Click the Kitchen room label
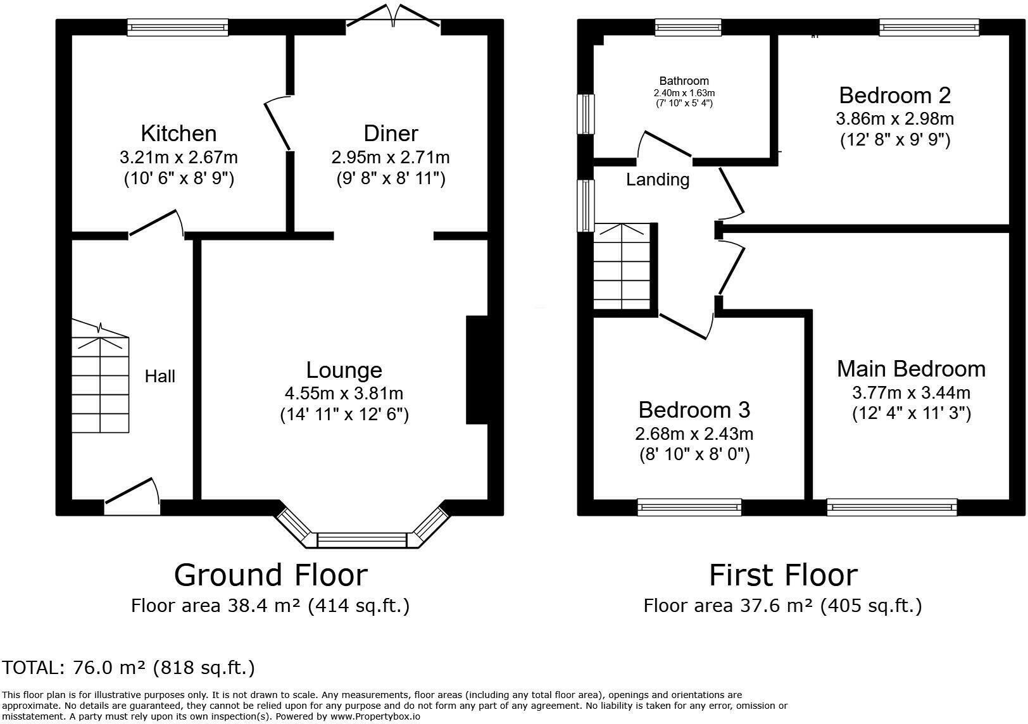(x=179, y=134)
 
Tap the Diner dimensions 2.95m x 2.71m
(x=391, y=158)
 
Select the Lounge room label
(x=344, y=370)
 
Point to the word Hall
(x=160, y=376)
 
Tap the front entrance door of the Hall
(x=132, y=496)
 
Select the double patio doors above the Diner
(x=393, y=16)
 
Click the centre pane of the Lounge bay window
(x=361, y=540)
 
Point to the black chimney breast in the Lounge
(x=477, y=370)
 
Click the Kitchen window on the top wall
(x=178, y=27)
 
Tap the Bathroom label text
(x=684, y=81)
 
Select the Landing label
(x=658, y=179)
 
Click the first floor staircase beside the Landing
(x=622, y=266)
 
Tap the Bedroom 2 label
(x=895, y=96)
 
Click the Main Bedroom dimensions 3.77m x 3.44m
(x=911, y=393)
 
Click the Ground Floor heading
(x=271, y=575)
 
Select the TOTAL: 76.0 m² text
(x=128, y=668)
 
